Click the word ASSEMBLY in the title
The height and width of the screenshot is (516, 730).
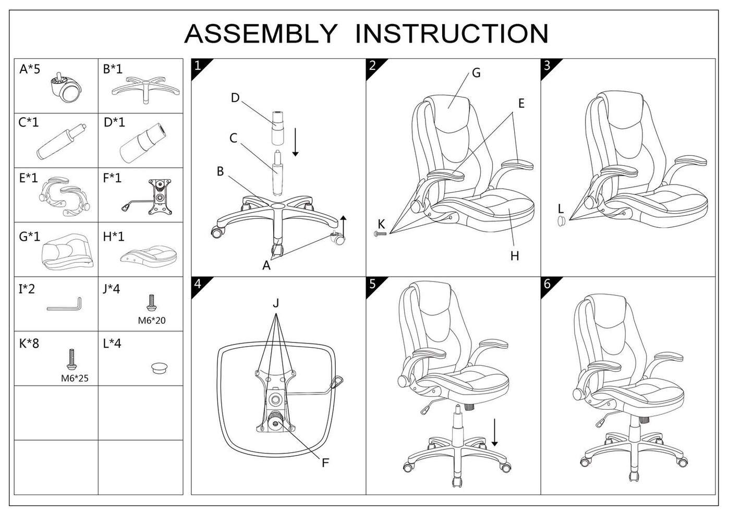click(x=260, y=33)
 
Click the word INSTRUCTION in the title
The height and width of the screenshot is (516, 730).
click(x=452, y=33)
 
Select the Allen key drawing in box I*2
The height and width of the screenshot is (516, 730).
click(x=64, y=304)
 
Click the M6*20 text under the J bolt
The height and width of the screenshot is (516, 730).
click(x=152, y=321)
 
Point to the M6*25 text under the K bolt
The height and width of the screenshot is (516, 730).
click(x=75, y=378)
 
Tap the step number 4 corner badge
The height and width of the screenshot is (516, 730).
click(x=200, y=286)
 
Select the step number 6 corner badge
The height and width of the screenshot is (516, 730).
click(x=550, y=286)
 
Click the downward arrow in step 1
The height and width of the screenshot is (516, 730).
click(x=295, y=142)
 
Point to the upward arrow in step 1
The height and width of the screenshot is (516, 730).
click(x=344, y=226)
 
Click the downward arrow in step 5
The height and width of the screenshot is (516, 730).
click(x=495, y=432)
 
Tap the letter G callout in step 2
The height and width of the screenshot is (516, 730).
click(x=476, y=73)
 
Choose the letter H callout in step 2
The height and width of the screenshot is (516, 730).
click(x=514, y=256)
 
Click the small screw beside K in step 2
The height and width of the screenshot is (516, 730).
click(x=380, y=234)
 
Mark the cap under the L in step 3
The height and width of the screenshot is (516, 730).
click(x=561, y=221)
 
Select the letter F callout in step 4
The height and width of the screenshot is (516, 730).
click(x=325, y=463)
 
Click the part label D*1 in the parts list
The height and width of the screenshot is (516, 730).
click(x=114, y=122)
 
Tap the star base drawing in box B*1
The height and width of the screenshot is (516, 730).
click(x=145, y=90)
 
